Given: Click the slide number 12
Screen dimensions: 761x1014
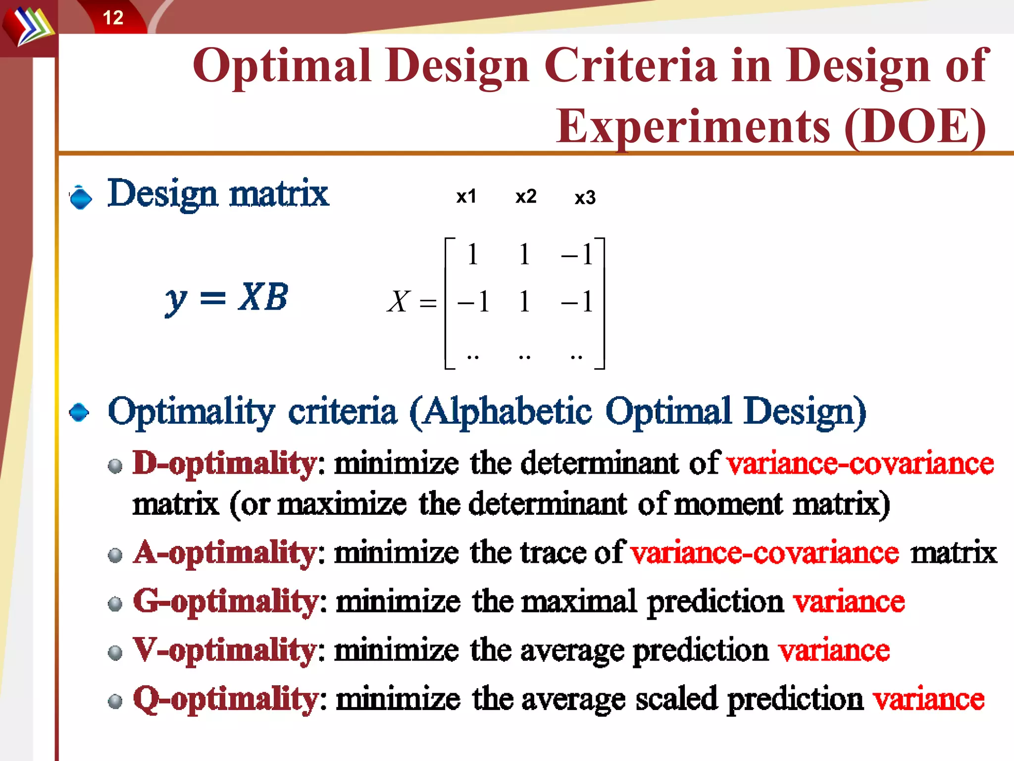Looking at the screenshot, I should coord(113,18).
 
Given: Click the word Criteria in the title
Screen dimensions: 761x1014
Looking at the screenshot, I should coord(630,65).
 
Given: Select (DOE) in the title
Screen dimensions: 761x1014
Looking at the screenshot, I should coord(915,127).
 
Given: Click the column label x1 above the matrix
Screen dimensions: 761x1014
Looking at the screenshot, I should coord(466,196).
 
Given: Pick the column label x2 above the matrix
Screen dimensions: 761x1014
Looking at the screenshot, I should coord(526,196).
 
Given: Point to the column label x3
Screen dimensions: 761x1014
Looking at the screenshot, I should coord(585,197).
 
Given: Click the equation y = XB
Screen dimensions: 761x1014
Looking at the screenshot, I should coord(226,298).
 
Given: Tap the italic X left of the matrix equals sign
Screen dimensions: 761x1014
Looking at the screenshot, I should coord(399,301).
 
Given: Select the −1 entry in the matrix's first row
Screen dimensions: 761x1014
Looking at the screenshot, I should coord(577,255).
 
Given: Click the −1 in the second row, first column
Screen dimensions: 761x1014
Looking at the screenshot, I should coord(474,301).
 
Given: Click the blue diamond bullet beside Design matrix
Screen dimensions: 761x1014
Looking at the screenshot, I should coord(81,198).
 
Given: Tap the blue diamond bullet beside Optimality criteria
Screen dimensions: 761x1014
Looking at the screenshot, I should coord(79,412).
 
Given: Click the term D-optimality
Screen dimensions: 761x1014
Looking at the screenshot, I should coord(224,463).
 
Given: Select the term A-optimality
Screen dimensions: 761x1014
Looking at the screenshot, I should coord(224,552).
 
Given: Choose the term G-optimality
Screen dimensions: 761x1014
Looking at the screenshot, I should coord(225,601).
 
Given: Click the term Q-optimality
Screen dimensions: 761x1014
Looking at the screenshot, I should coord(225,699).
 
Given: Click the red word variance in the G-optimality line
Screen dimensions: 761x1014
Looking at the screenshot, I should coord(849,602).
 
